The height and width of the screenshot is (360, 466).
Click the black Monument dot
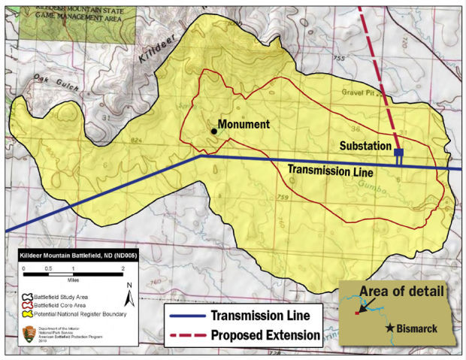(214, 132)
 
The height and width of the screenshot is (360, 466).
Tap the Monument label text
(244, 124)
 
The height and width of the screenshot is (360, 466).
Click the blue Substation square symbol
(398, 153)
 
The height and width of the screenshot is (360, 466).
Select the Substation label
(365, 145)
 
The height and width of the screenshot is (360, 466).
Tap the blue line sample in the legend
(187, 315)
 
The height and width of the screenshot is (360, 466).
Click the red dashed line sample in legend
(187, 334)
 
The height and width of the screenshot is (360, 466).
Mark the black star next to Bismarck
(390, 328)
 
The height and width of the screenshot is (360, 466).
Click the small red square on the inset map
(357, 313)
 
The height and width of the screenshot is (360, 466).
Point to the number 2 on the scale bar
(122, 269)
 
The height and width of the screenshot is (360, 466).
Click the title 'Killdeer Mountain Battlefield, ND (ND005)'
(71, 256)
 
